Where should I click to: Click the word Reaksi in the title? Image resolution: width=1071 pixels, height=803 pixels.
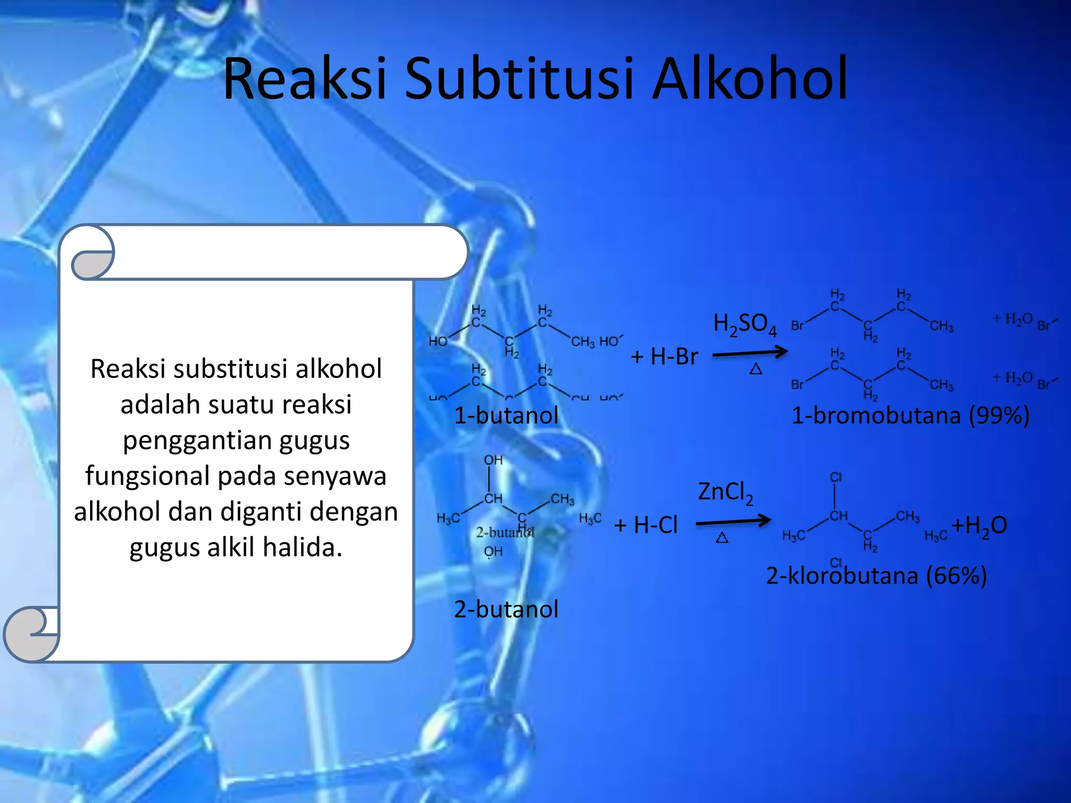tap(304, 79)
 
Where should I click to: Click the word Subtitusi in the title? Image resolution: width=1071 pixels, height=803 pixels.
tap(519, 79)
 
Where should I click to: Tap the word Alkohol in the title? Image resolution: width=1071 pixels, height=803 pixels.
tap(750, 79)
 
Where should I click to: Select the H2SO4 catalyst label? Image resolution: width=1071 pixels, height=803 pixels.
tap(745, 325)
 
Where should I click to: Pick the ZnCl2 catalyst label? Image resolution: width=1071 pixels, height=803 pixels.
tap(725, 493)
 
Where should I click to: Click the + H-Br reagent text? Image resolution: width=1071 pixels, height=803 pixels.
tap(664, 357)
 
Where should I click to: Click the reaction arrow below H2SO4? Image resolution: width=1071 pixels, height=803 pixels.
tap(750, 353)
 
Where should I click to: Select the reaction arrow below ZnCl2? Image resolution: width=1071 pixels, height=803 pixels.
tap(733, 521)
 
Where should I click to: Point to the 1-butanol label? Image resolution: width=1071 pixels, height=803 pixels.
tap(506, 416)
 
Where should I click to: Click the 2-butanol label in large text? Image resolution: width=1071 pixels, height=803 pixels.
tap(506, 610)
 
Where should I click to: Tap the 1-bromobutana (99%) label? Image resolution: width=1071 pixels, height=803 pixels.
tap(910, 416)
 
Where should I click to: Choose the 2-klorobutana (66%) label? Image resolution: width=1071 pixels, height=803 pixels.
tap(876, 576)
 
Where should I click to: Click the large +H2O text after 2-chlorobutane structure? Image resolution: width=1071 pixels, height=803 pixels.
tap(979, 525)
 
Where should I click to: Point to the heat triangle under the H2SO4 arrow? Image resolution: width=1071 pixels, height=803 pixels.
tap(756, 370)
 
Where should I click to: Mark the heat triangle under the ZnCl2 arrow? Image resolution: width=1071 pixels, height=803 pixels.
tap(722, 537)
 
